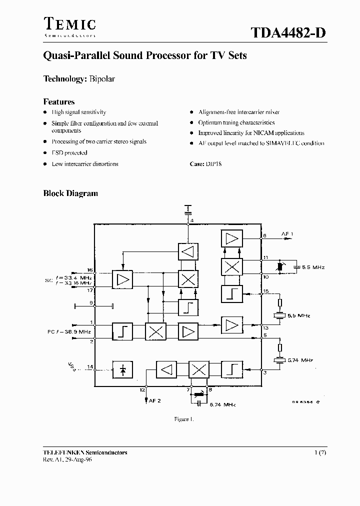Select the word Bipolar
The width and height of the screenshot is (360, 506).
[102, 79]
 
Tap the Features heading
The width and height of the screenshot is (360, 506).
[59, 101]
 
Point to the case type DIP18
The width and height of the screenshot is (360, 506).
[213, 164]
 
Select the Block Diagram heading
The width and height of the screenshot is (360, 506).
[70, 193]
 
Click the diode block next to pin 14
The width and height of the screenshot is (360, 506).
[122, 369]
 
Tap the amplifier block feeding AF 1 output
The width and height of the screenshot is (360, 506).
[232, 238]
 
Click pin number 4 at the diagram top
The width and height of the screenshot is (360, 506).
[192, 220]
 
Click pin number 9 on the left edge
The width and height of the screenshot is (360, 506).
[91, 302]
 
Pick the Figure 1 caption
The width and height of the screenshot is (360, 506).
[183, 419]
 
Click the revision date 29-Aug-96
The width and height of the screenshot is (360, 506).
[77, 459]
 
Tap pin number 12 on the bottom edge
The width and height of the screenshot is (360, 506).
[142, 389]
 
